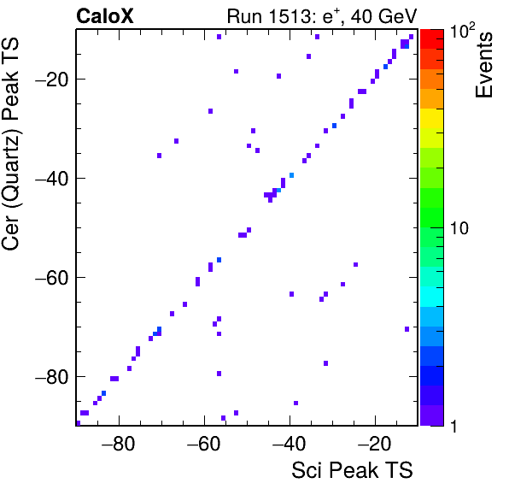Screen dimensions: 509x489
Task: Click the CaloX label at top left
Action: [x=104, y=16]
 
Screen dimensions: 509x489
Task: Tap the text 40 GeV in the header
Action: [x=383, y=16]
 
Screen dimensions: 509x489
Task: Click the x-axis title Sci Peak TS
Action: [x=352, y=470]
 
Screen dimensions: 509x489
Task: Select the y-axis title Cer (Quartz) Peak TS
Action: [x=10, y=144]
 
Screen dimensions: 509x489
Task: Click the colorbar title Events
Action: [x=483, y=65]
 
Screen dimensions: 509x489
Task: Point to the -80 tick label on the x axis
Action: [x=118, y=444]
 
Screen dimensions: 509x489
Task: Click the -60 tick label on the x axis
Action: [x=203, y=444]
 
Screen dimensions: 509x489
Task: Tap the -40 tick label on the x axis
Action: [x=289, y=444]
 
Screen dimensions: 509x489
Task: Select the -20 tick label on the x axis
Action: [x=375, y=444]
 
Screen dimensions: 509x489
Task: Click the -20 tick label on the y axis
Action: [x=52, y=80]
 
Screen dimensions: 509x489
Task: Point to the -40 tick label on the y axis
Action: [x=52, y=179]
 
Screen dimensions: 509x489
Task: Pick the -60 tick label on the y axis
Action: [x=52, y=278]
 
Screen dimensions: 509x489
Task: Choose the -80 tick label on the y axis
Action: [x=52, y=377]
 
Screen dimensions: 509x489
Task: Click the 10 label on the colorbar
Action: [x=459, y=228]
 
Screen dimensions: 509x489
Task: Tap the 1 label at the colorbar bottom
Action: [x=453, y=426]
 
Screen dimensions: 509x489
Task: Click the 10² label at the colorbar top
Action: [x=462, y=31]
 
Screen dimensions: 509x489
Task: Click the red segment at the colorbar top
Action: [x=432, y=39]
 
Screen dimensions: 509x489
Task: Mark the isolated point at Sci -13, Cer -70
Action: [x=407, y=329]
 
